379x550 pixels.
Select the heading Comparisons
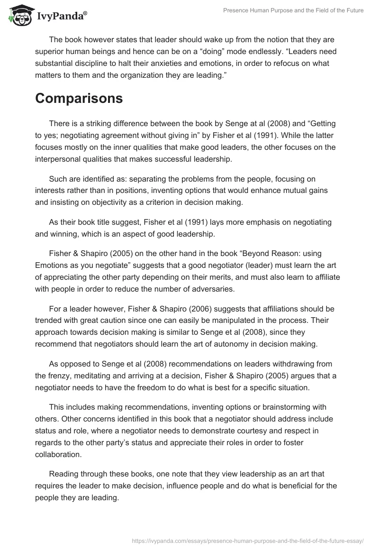pos(79,98)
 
